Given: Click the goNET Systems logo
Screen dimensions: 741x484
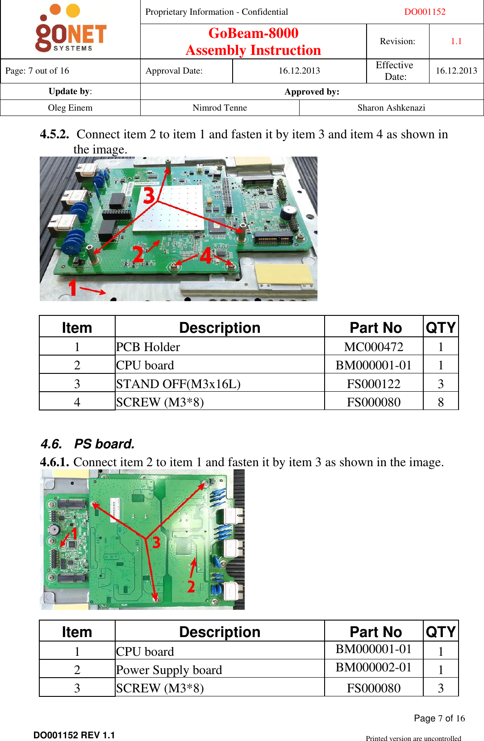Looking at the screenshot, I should pos(71,29).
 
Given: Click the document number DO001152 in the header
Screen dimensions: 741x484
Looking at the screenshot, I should pos(425,12).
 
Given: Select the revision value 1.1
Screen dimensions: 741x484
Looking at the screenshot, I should pos(456,41).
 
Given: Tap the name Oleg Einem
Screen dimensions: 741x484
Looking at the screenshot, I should pos(70,108).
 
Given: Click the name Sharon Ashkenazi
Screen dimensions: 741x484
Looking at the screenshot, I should pos(391,108).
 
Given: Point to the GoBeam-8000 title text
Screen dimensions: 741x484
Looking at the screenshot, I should pos(253,33).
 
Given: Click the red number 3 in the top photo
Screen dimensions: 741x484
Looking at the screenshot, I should pos(149,195).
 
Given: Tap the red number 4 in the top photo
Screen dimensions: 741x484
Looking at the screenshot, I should pos(205,256).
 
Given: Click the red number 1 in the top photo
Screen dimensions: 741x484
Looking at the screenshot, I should pos(73,288).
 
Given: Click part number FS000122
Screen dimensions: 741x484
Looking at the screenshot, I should pos(373,384).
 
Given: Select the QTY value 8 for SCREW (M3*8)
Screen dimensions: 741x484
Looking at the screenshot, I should pos(440,402).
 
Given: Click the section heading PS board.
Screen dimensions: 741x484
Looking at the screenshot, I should pos(104,444).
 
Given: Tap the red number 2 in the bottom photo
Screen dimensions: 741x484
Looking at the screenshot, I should pos(191,586).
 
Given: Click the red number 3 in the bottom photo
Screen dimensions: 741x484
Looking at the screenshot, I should pos(156,542).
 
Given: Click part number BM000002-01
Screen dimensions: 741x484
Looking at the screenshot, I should pos(373,667).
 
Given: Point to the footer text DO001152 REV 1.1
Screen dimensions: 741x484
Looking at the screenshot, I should pos(74,735).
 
